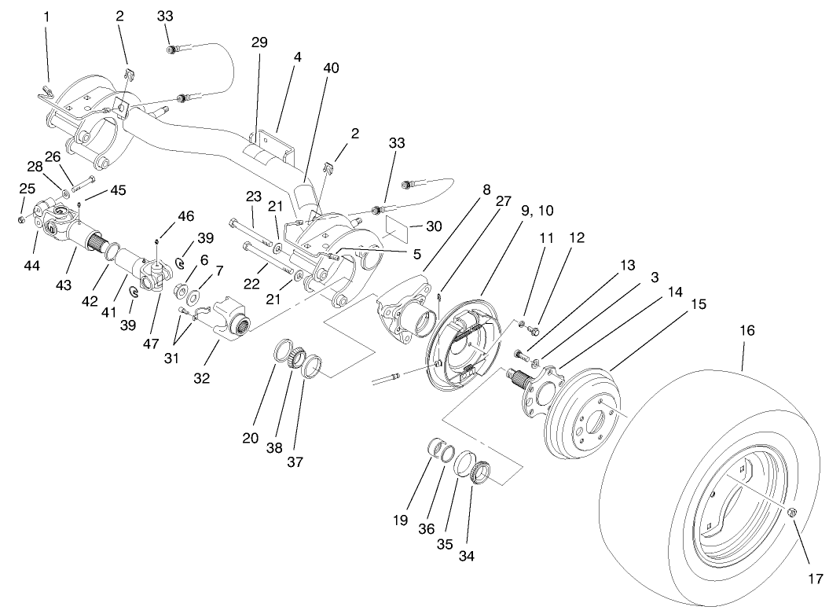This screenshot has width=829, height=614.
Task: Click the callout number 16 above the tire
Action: [x=746, y=331]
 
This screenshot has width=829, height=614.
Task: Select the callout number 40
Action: [x=331, y=68]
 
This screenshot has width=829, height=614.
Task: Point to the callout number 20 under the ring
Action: [x=251, y=438]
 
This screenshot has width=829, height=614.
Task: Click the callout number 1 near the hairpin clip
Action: [x=46, y=16]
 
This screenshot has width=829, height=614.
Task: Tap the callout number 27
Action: [x=504, y=201]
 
